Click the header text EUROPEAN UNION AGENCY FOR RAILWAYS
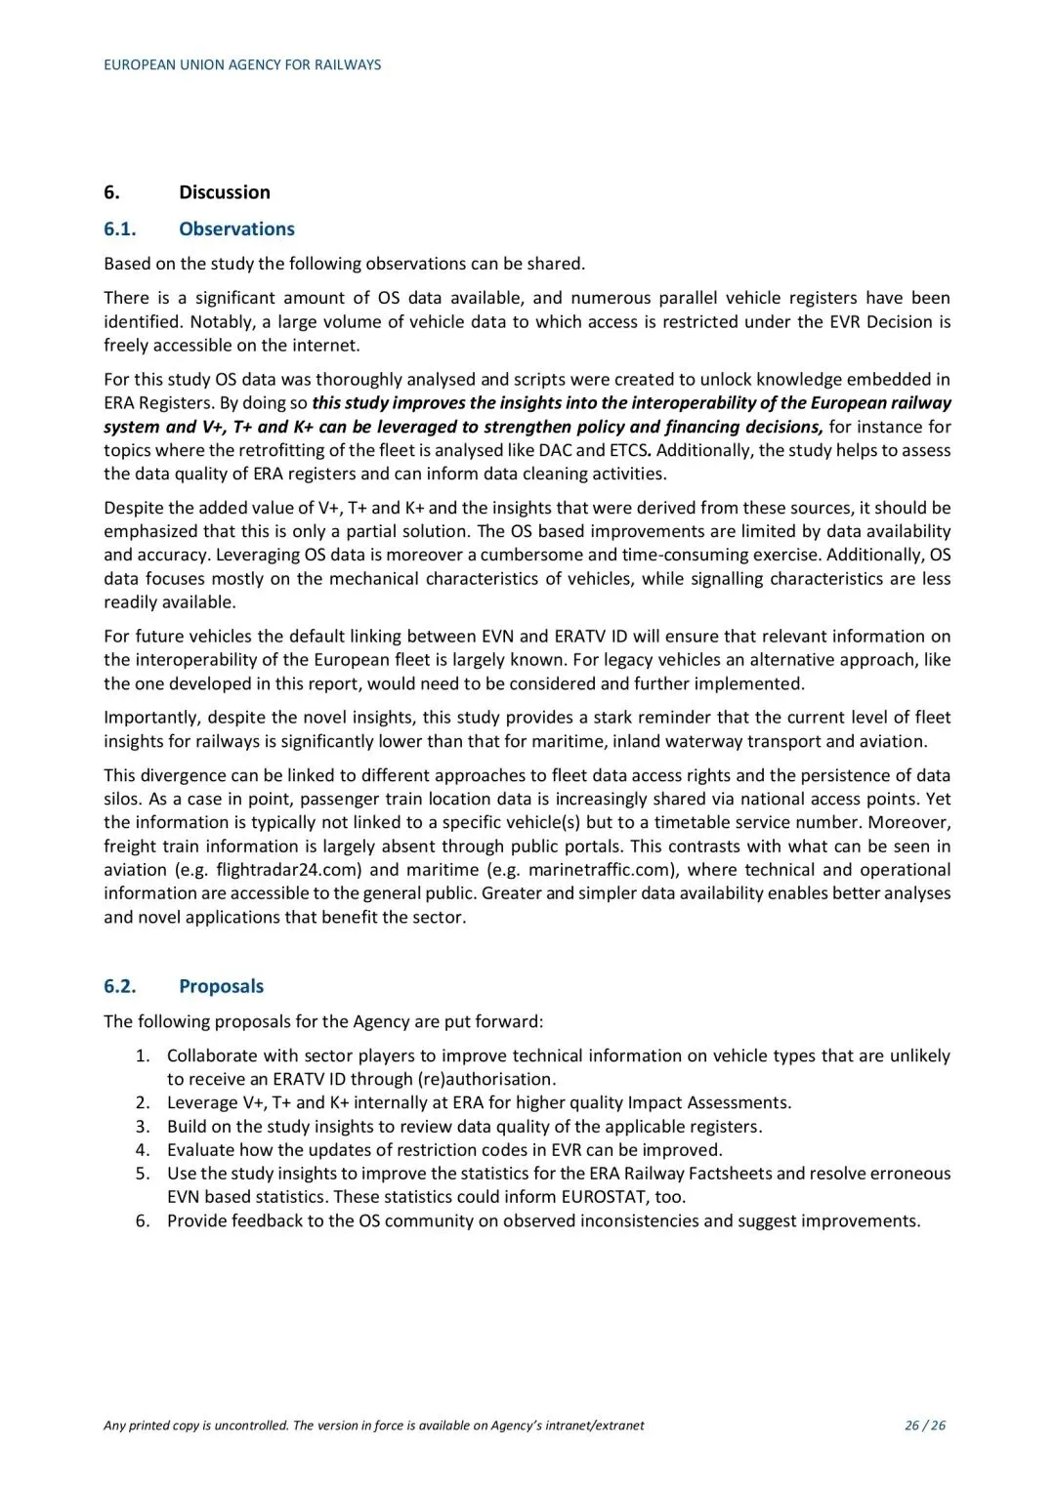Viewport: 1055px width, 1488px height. [x=242, y=64]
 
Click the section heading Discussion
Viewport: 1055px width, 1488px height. [x=224, y=192]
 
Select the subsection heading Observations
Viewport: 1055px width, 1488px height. [x=236, y=229]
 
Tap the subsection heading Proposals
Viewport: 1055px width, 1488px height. [x=221, y=986]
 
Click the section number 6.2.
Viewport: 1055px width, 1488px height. [x=120, y=986]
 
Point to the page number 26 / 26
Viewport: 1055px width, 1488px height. [x=925, y=1426]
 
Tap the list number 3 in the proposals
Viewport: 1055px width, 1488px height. [x=143, y=1127]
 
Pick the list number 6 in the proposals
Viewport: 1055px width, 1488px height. [x=143, y=1221]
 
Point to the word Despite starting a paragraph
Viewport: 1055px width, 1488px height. [x=135, y=508]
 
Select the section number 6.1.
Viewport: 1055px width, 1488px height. [x=120, y=229]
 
